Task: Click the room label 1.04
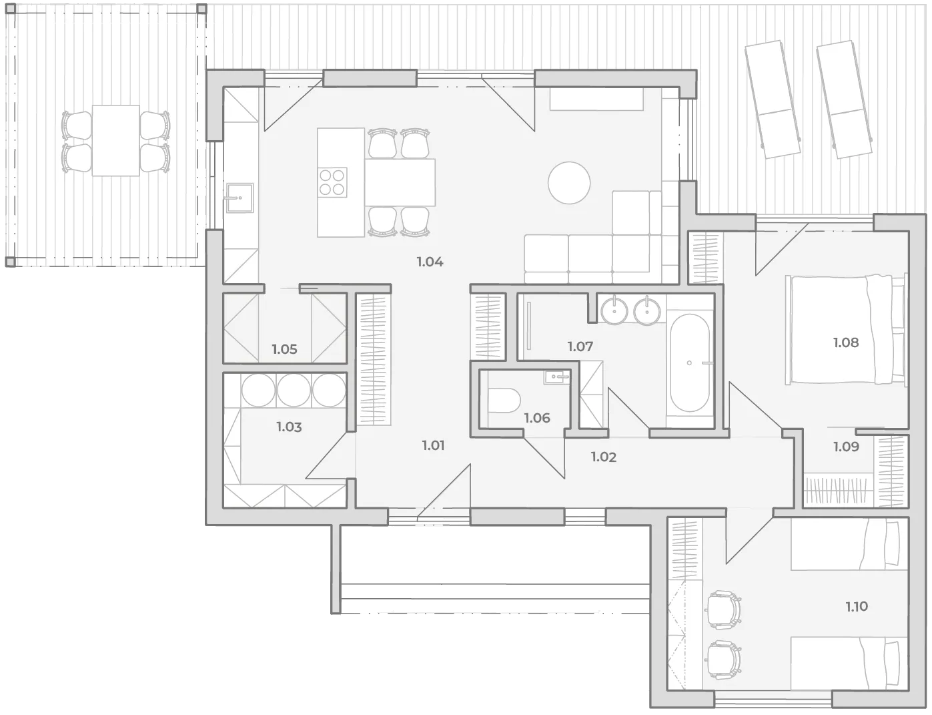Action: click(x=430, y=262)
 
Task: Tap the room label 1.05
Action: click(x=284, y=349)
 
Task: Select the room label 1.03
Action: click(x=289, y=427)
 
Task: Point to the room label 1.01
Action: click(x=433, y=445)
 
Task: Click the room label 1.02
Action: click(x=604, y=457)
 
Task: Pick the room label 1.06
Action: click(x=537, y=418)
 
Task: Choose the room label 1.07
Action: click(x=580, y=346)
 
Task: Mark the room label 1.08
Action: click(x=846, y=342)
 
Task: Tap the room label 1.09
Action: click(x=846, y=447)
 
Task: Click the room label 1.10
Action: click(x=857, y=606)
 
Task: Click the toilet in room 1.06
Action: click(x=504, y=401)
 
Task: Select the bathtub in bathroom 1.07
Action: click(x=690, y=363)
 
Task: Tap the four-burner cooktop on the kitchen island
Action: click(x=332, y=182)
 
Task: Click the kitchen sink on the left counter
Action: click(x=240, y=198)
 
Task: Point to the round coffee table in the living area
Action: click(x=569, y=182)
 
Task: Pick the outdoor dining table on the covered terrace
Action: click(x=116, y=140)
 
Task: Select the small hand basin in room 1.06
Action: click(x=556, y=377)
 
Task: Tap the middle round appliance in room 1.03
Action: click(x=294, y=390)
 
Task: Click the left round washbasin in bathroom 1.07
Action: click(x=614, y=310)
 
